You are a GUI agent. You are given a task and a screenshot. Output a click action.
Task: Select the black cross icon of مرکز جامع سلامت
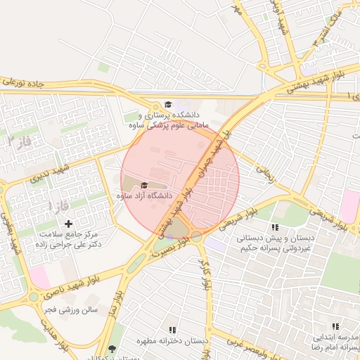pos(68,223)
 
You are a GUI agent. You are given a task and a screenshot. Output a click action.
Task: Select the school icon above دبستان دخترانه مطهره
pos(172,330)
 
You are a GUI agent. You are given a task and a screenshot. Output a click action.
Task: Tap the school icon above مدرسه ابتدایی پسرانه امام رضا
pos(335,327)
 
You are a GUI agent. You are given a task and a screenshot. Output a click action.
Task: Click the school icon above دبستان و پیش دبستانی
pos(275,227)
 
